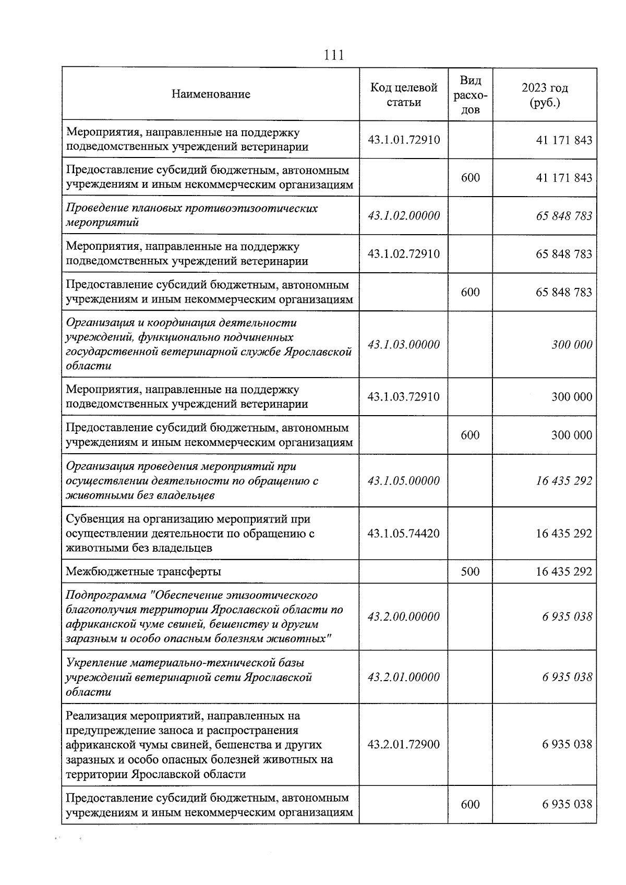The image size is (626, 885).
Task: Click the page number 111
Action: tap(334, 55)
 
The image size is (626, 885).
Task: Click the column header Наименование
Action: tap(211, 94)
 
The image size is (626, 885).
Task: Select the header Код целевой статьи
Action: tap(403, 94)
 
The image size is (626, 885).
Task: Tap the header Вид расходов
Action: tap(470, 94)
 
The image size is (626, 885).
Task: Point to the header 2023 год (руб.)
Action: tap(545, 94)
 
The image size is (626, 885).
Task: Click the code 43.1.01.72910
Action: tap(403, 140)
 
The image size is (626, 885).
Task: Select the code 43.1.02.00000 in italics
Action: tap(403, 215)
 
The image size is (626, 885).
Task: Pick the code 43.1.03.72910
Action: tap(403, 397)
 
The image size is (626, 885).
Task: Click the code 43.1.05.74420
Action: tap(403, 534)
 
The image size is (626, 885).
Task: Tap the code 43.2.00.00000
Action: tap(403, 617)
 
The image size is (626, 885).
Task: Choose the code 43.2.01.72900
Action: tap(403, 745)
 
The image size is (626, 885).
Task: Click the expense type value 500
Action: tap(470, 572)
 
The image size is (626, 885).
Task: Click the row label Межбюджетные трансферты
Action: tap(143, 572)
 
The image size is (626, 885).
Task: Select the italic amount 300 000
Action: tap(572, 345)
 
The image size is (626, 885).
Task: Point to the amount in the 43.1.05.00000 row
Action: tap(564, 481)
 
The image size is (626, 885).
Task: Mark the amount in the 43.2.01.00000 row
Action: tap(567, 677)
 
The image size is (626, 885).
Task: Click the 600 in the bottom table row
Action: tap(470, 805)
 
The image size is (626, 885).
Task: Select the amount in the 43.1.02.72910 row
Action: tap(564, 254)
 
